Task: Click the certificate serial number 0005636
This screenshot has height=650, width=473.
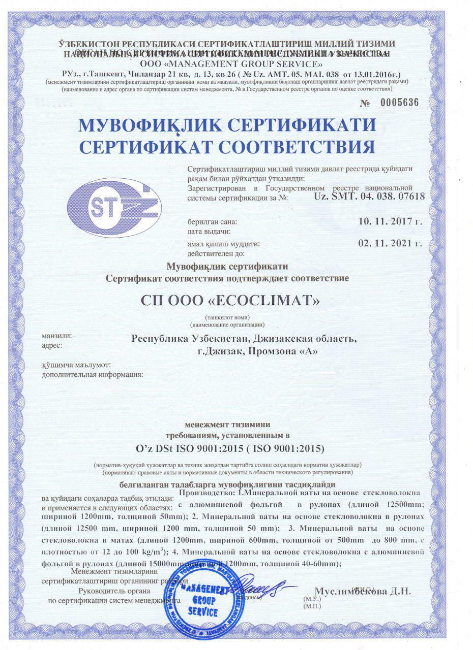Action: [399, 102]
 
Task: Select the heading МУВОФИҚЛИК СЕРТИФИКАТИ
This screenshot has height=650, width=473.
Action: [227, 124]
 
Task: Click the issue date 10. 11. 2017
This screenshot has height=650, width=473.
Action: [390, 222]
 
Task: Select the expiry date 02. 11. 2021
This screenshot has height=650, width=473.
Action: [390, 243]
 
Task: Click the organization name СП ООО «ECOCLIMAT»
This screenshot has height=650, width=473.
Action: [230, 301]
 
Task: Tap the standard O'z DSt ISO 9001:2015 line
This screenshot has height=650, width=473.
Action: [227, 449]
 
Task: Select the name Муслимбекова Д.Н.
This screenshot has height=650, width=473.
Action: [363, 592]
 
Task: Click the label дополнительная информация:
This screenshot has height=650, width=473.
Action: [91, 374]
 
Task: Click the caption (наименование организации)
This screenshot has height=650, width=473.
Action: [227, 324]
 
